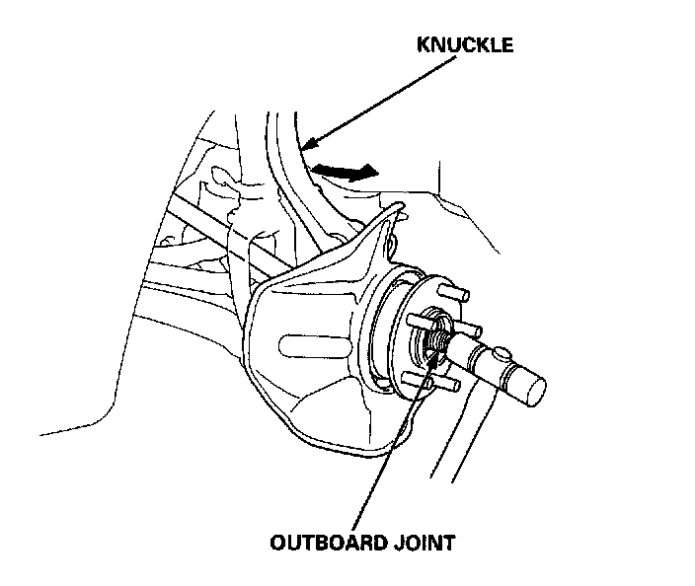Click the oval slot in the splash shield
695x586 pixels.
[x=305, y=345]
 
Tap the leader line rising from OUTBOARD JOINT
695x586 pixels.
[x=395, y=444]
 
